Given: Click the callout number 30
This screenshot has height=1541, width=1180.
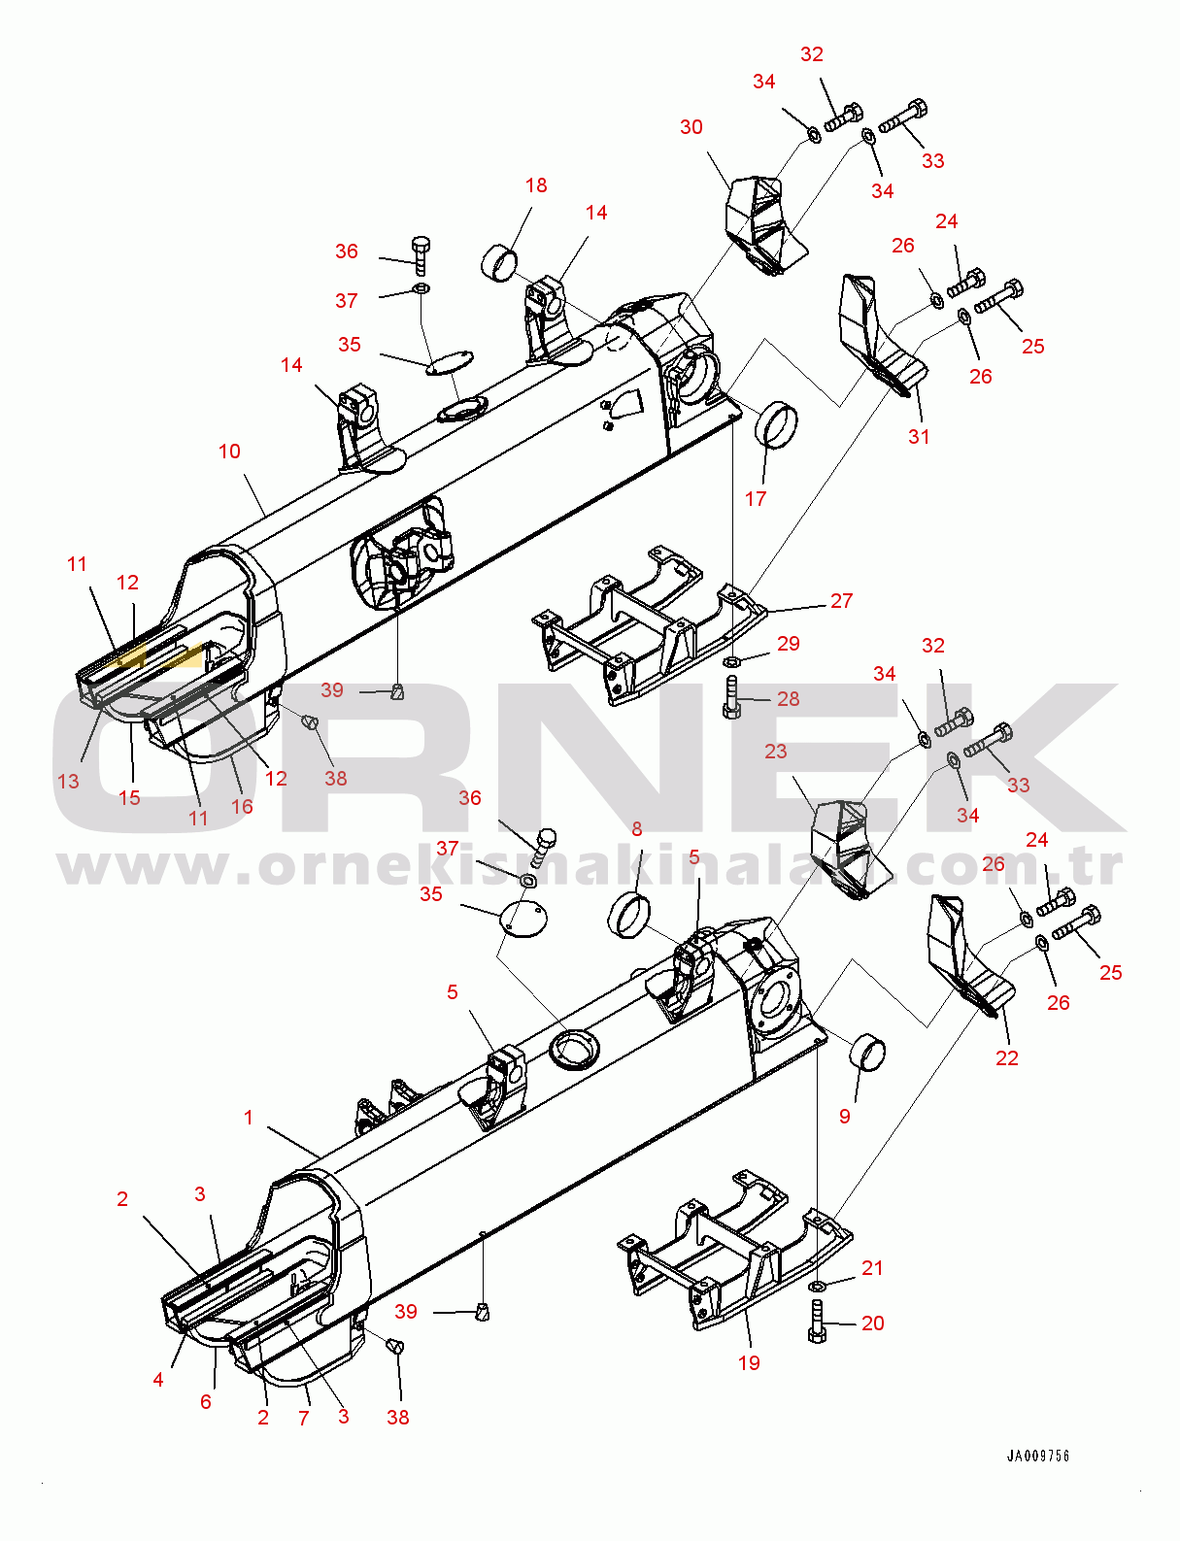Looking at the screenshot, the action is click(691, 127).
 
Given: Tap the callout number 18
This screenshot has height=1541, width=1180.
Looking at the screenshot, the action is click(536, 185).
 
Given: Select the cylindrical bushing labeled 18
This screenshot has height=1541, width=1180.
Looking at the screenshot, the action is click(499, 263).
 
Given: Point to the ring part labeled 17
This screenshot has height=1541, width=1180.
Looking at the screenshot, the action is click(777, 424).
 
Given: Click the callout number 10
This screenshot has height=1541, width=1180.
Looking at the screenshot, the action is click(229, 452).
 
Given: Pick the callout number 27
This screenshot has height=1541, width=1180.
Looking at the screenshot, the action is click(841, 601).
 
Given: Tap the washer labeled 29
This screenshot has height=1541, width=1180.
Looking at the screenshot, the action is click(733, 662).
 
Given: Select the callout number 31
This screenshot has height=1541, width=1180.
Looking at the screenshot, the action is click(919, 437).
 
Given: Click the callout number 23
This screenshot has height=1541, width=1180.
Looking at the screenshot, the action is click(775, 752).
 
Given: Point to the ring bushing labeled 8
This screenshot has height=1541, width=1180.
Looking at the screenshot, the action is click(628, 915).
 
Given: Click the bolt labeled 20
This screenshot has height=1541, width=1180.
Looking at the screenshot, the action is click(817, 1322).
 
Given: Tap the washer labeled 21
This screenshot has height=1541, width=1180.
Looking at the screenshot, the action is click(818, 1287).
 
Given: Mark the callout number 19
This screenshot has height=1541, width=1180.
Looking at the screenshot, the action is click(749, 1363).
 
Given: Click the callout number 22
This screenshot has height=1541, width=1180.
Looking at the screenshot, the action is click(1007, 1058).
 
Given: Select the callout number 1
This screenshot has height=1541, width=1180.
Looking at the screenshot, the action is click(249, 1118).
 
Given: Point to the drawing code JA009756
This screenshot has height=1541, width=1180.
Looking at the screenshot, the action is click(1037, 1456).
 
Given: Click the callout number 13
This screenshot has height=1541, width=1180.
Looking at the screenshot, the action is click(68, 782).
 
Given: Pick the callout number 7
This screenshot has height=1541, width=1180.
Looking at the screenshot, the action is click(304, 1419).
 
